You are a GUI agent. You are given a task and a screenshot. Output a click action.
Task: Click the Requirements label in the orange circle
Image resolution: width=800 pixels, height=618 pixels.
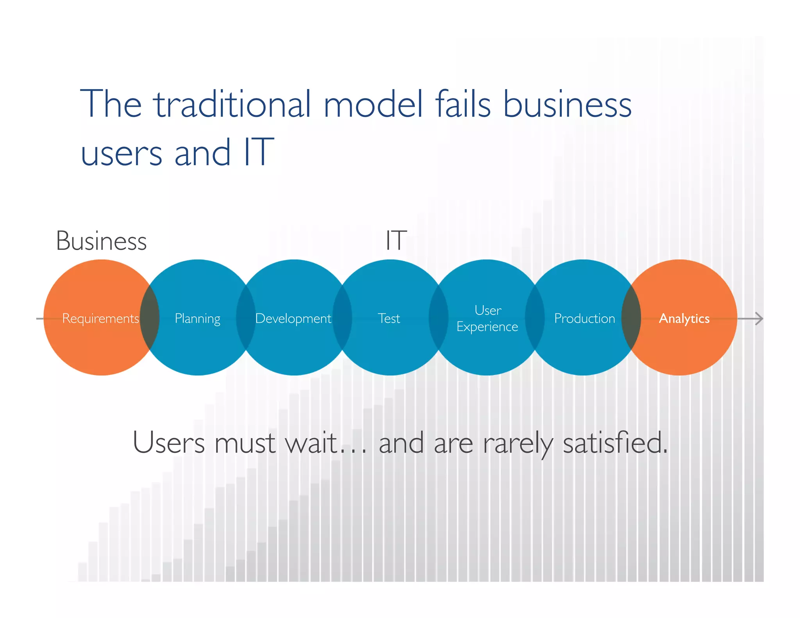point(100,318)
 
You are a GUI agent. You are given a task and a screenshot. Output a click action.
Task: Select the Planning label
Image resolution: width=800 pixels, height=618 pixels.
point(197,319)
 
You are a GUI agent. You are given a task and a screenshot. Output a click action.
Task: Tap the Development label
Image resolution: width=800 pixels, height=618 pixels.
point(293,318)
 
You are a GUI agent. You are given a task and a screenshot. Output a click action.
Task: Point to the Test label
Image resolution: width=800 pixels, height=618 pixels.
point(389,318)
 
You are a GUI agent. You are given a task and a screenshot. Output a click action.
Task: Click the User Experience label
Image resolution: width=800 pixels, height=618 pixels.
point(487,318)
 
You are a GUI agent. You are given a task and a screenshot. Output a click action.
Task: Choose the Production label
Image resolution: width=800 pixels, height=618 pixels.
point(584,318)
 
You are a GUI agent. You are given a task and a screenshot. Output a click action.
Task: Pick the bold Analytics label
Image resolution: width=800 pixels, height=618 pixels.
point(684,318)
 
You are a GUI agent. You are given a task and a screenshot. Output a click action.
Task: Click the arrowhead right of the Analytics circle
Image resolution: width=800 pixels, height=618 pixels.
point(758,318)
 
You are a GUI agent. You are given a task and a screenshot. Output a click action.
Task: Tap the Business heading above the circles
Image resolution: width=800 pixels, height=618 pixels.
point(101,241)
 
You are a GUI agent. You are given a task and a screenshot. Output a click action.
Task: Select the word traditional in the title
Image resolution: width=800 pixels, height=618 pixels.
point(232,104)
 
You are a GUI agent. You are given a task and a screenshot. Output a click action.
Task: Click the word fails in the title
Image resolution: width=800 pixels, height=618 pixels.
point(462,104)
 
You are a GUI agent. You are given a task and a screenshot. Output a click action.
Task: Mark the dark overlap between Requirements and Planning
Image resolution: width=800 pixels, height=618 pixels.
point(150,317)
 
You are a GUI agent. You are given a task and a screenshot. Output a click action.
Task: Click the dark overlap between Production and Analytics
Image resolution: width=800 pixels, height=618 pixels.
point(631,317)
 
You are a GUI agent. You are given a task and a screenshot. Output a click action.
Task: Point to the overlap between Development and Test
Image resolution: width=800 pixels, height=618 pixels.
point(342,317)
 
